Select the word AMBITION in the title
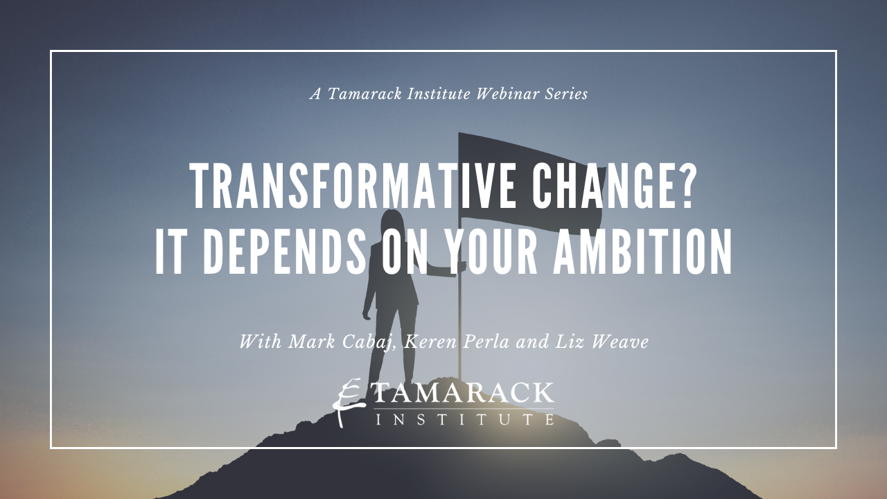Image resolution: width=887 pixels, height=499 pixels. (642, 252)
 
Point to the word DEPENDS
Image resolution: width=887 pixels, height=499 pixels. (285, 252)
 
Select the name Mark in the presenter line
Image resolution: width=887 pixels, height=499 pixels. (312, 342)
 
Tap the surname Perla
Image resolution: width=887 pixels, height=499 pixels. (486, 342)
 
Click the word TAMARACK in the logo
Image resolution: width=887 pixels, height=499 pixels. (464, 393)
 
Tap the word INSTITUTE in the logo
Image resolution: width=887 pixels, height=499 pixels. (464, 419)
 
